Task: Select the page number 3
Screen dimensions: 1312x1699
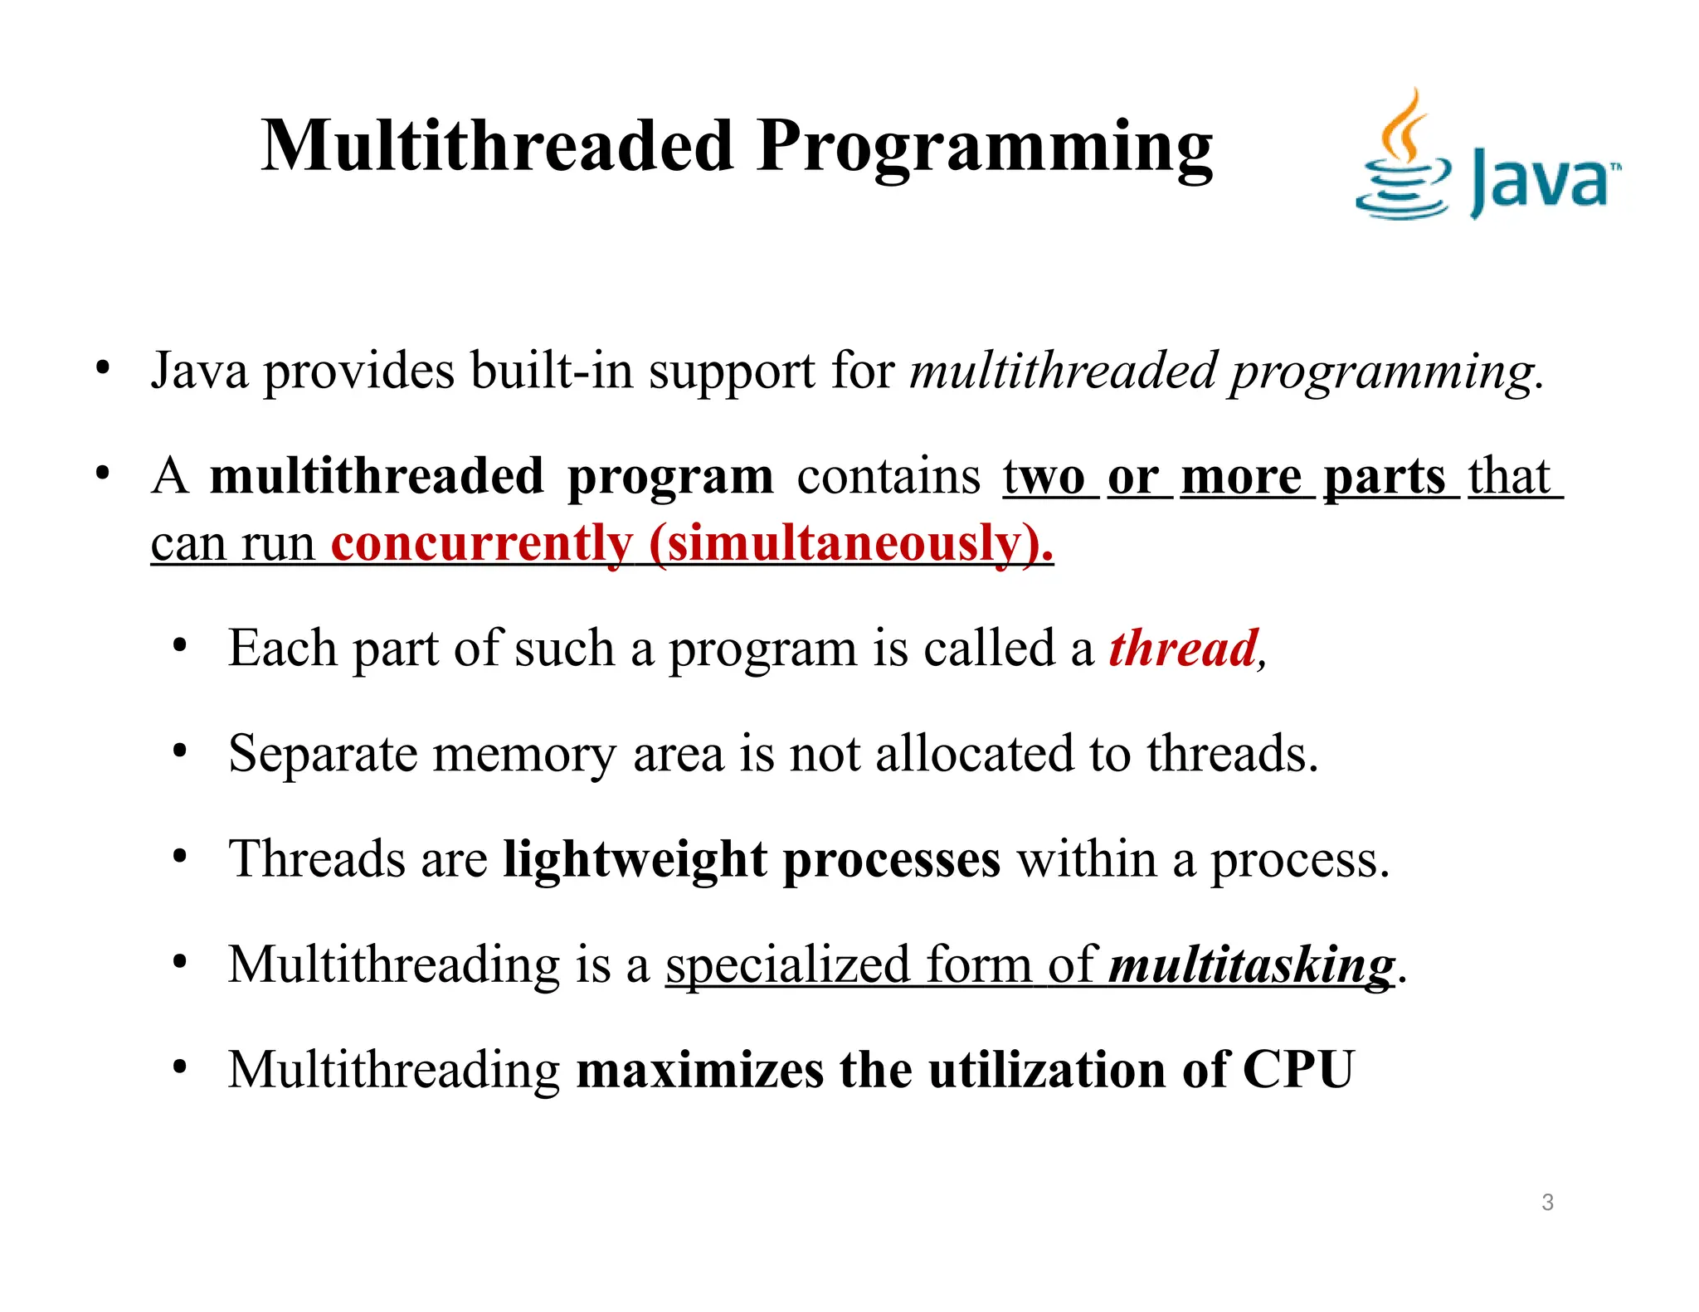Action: click(1547, 1203)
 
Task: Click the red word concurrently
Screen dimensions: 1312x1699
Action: click(481, 544)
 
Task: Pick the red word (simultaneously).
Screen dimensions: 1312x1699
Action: click(850, 544)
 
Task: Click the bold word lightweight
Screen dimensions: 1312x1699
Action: click(635, 859)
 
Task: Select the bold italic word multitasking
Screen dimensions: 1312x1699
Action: click(1251, 965)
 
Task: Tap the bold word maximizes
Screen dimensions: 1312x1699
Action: click(699, 1070)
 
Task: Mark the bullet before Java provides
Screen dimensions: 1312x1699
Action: click(102, 368)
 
